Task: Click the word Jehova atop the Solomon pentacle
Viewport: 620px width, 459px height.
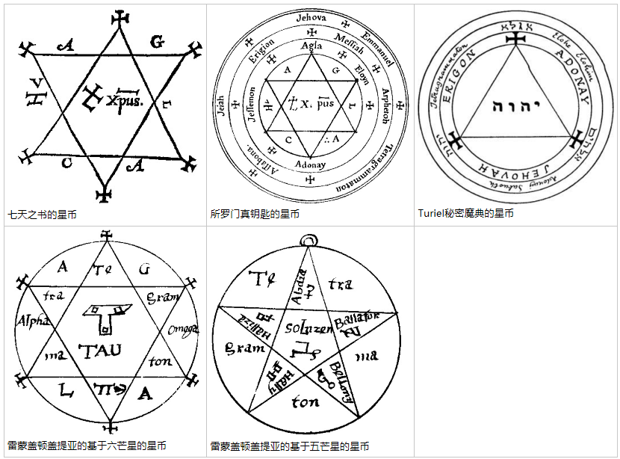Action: point(311,17)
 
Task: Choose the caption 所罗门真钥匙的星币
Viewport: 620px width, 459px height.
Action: point(255,215)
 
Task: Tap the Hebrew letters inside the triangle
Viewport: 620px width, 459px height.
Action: point(515,106)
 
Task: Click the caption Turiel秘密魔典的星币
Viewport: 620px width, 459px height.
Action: point(465,214)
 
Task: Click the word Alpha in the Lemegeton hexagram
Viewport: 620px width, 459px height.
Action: point(31,321)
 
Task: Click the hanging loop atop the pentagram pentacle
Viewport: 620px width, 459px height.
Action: point(306,239)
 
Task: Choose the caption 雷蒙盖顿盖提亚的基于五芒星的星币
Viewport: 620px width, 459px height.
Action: point(289,446)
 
